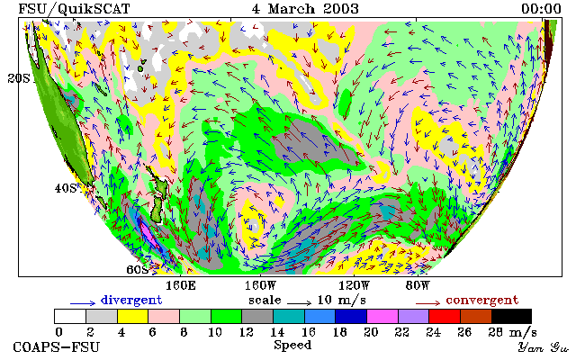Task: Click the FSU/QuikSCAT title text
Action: point(74,9)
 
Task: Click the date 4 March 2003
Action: point(305,8)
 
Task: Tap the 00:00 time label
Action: point(541,9)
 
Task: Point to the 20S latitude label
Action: point(19,78)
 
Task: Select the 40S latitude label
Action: point(66,188)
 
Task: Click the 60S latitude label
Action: point(138,269)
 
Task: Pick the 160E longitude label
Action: point(181,286)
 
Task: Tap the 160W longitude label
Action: point(260,286)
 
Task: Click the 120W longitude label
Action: point(354,286)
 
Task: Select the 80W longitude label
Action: point(418,286)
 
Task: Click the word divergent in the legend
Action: point(131,300)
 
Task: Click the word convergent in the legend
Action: point(482,300)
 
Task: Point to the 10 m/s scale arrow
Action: point(299,302)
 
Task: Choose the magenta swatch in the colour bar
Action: point(382,317)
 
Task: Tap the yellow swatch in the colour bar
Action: point(133,317)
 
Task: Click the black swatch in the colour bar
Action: point(511,317)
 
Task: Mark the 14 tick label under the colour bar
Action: point(277,332)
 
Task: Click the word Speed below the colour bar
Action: point(292,346)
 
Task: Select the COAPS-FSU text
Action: point(57,347)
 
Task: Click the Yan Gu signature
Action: point(544,347)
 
